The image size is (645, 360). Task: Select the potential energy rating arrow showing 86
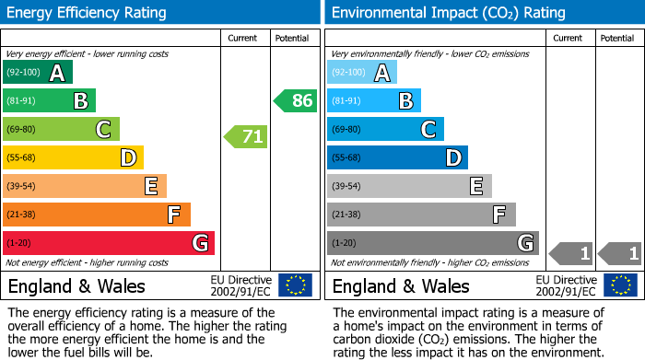(295, 101)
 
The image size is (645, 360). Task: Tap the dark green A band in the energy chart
(38, 73)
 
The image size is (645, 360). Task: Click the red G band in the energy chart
(109, 243)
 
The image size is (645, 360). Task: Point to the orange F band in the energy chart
(97, 215)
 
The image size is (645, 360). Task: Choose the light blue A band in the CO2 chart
(362, 73)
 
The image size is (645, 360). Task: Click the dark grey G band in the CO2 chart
(432, 243)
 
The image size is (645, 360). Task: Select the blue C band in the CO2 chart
(385, 129)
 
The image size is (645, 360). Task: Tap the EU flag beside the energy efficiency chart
(295, 285)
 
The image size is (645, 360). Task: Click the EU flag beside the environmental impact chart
(620, 285)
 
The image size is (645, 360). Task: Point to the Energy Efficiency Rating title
(88, 13)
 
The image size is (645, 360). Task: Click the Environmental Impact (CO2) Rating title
(448, 13)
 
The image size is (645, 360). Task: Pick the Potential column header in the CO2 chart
(617, 38)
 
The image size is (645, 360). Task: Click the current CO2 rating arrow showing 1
(570, 252)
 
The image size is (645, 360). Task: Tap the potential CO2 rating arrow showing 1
(619, 252)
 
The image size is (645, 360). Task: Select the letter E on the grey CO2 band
(476, 186)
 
